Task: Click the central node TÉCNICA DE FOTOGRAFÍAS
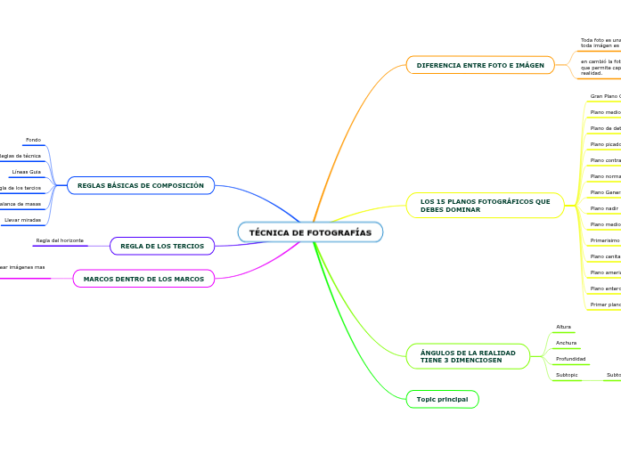pyautogui.click(x=310, y=232)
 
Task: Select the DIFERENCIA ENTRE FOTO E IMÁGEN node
pyautogui.click(x=480, y=65)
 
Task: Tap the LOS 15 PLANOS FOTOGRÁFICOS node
pyautogui.click(x=486, y=206)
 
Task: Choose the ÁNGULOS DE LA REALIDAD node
pyautogui.click(x=468, y=356)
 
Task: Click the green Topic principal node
pyautogui.click(x=442, y=399)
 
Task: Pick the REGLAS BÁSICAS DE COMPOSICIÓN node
pyautogui.click(x=141, y=185)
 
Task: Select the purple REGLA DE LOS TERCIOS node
pyautogui.click(x=162, y=246)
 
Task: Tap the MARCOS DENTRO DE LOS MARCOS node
pyautogui.click(x=143, y=279)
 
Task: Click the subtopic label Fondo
pyautogui.click(x=33, y=140)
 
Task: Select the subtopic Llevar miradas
pyautogui.click(x=22, y=219)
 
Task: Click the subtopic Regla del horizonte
pyautogui.click(x=60, y=240)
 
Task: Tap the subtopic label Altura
pyautogui.click(x=563, y=327)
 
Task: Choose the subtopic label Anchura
pyautogui.click(x=566, y=343)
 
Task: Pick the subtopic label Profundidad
pyautogui.click(x=570, y=359)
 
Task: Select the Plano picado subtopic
pyautogui.click(x=605, y=143)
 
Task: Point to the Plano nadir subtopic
pyautogui.click(x=604, y=208)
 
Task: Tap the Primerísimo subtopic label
pyautogui.click(x=605, y=240)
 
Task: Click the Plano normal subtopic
pyautogui.click(x=605, y=176)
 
